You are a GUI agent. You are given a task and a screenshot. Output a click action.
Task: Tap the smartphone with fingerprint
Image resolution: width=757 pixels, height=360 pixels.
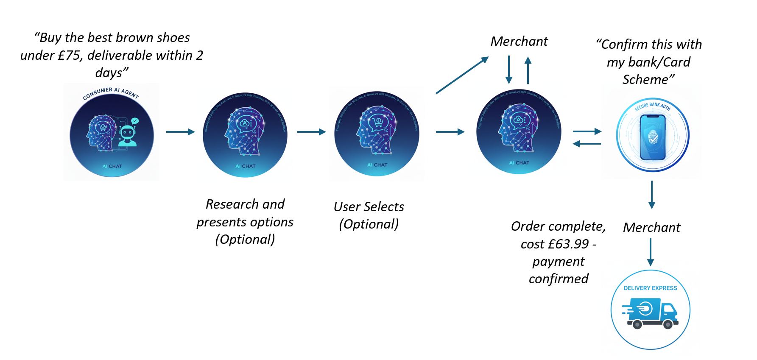tap(653, 137)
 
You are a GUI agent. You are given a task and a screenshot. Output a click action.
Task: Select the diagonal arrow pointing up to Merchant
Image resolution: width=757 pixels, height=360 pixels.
tap(462, 75)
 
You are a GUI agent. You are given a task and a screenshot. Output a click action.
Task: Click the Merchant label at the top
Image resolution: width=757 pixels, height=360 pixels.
tap(519, 42)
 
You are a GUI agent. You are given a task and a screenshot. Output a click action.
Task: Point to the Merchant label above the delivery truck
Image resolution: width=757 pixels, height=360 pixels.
tap(651, 228)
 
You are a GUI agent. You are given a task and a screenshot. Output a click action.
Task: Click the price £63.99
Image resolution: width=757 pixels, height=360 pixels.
tap(568, 244)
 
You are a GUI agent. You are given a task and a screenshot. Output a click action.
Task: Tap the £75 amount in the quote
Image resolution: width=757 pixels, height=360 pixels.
tap(69, 56)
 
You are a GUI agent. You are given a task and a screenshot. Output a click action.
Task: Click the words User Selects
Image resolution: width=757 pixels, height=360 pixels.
tap(369, 207)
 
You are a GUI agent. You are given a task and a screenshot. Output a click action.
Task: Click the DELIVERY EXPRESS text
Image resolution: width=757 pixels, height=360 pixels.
tap(650, 288)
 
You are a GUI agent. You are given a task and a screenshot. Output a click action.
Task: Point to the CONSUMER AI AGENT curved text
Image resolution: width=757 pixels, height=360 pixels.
tap(111, 92)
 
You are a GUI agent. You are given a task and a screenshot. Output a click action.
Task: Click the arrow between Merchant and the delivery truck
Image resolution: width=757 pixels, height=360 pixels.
tap(651, 252)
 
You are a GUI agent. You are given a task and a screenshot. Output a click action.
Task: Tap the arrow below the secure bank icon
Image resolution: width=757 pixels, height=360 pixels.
tap(652, 195)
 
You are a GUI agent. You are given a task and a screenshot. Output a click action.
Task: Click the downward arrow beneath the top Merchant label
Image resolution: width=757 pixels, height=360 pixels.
tap(509, 70)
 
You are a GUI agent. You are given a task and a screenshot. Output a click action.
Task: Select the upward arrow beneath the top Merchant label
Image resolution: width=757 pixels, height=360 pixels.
tap(528, 70)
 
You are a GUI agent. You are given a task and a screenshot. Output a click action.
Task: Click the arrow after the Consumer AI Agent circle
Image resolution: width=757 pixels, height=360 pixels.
tap(180, 132)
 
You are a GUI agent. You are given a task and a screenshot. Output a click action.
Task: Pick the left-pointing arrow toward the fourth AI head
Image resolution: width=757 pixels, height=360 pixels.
tap(587, 144)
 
